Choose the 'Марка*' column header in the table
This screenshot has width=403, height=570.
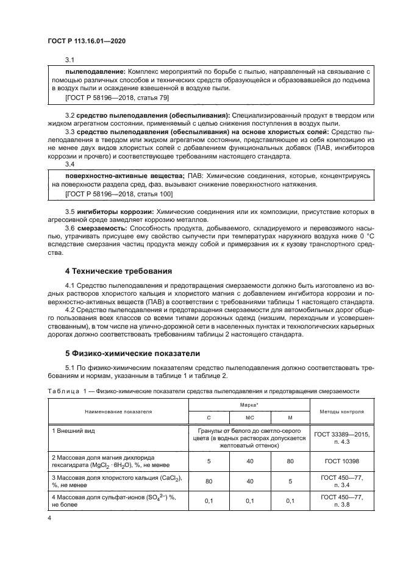(249, 405)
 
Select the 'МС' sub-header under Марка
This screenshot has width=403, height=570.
(249, 418)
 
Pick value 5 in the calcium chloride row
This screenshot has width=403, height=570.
(290, 480)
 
